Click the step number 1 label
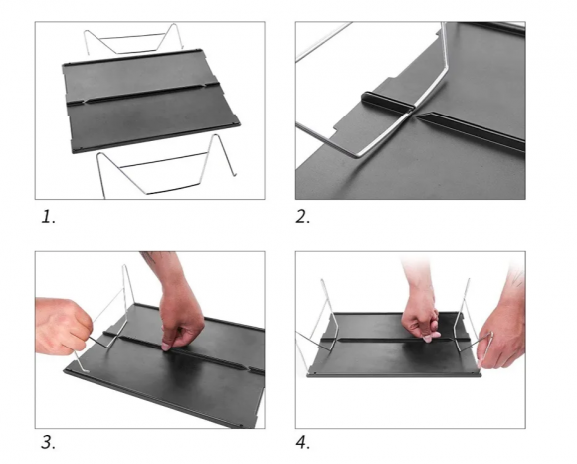(x=48, y=217)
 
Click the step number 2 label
(x=303, y=217)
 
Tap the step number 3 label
(x=48, y=442)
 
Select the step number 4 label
(x=303, y=442)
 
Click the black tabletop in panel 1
(x=150, y=102)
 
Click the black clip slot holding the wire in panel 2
(x=387, y=101)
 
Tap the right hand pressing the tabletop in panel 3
(x=181, y=320)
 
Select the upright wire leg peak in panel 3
(x=125, y=266)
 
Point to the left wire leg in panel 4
(x=321, y=324)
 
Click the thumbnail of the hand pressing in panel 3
(x=166, y=347)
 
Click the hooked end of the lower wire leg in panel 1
(x=234, y=174)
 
